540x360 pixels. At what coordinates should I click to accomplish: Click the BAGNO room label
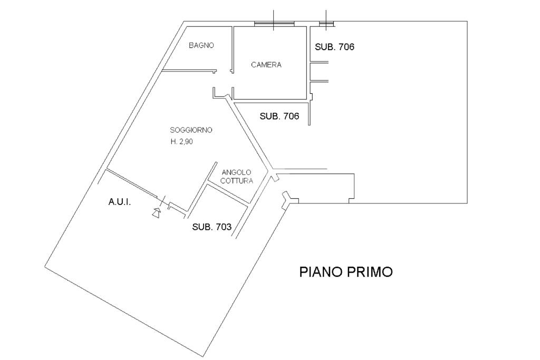pos(201,45)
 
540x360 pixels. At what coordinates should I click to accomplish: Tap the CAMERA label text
pos(266,65)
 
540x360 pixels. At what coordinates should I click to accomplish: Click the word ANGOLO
pos(237,172)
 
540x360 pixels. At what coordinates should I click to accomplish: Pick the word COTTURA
pos(237,181)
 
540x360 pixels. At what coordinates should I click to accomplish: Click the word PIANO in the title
pos(321,272)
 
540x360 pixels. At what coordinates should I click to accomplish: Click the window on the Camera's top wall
pos(274,23)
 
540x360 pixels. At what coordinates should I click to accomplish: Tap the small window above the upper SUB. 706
pos(327,23)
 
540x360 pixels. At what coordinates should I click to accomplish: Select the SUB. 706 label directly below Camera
pos(279,116)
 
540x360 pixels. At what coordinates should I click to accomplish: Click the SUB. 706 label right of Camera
pos(334,47)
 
